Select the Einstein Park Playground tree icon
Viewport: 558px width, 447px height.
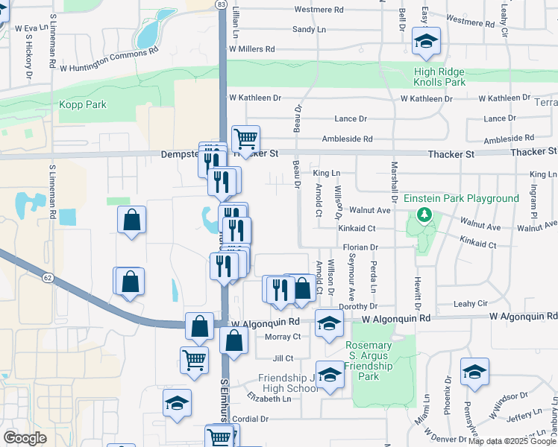pos(425,215)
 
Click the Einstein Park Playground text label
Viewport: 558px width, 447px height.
pos(461,198)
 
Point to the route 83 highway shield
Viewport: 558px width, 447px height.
pos(220,4)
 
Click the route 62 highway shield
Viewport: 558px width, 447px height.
pos(47,278)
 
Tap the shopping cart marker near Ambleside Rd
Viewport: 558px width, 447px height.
pos(245,139)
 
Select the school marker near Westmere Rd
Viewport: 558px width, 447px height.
pos(426,42)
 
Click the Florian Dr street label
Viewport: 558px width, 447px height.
pos(361,247)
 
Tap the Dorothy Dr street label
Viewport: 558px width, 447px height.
pos(358,306)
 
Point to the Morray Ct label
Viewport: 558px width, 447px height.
pos(282,337)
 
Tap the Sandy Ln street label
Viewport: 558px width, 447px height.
pos(309,29)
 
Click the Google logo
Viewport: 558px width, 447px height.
pos(25,438)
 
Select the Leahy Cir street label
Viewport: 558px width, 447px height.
pos(471,304)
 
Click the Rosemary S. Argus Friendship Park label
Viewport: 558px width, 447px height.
pos(369,361)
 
